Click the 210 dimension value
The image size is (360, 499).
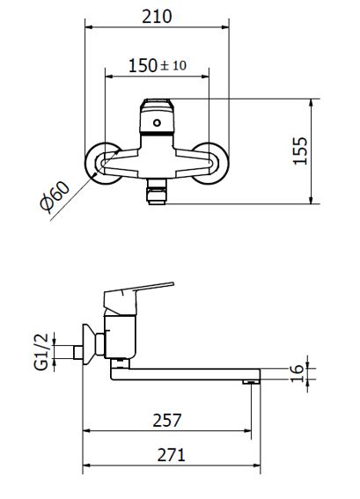(x=157, y=17)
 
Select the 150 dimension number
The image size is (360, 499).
(x=143, y=65)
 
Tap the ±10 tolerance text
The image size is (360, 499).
(x=173, y=65)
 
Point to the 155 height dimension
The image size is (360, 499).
(x=300, y=150)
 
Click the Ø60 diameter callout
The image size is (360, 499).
(x=55, y=197)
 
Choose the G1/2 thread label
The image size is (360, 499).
(x=41, y=352)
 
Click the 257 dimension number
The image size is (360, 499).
(x=166, y=420)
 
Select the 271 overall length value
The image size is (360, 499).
(x=171, y=455)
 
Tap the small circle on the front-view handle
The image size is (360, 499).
(x=157, y=122)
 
